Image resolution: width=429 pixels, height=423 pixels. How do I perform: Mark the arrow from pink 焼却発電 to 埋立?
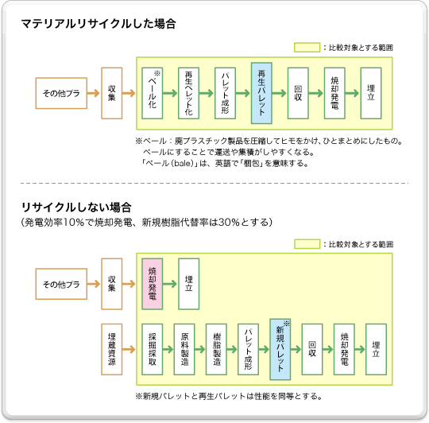[170, 283]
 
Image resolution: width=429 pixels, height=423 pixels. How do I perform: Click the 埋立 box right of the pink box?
[189, 283]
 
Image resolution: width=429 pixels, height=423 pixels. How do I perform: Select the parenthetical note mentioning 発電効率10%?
[147, 220]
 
